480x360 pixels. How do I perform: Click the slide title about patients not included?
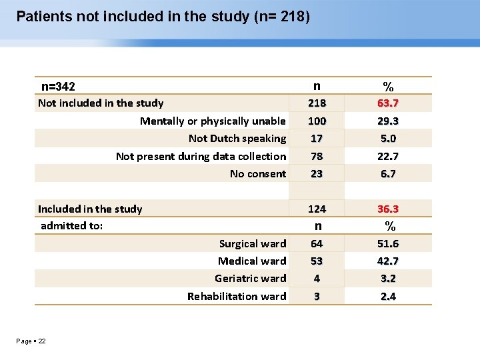[x=163, y=16]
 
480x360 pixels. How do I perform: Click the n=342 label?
[x=58, y=87]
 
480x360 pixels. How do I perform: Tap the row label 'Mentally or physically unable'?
[x=213, y=121]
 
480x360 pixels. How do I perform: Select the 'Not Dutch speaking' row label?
[x=237, y=139]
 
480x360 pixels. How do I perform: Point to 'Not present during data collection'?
[x=201, y=156]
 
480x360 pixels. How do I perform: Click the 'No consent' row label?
[x=258, y=174]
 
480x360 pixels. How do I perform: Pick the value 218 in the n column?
[x=317, y=103]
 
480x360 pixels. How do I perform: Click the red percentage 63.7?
[x=387, y=103]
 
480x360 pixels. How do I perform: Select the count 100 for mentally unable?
[x=317, y=121]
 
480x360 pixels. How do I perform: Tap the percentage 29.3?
[x=387, y=121]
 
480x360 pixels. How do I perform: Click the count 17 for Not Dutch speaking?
[x=317, y=139]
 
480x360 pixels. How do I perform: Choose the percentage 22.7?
[x=387, y=156]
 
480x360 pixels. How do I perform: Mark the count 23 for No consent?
[x=317, y=174]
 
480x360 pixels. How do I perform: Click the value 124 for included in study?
[x=317, y=209]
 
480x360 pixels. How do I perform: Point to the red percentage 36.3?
[x=387, y=209]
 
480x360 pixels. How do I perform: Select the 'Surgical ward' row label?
[x=253, y=244]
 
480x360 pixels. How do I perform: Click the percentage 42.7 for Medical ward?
[x=387, y=261]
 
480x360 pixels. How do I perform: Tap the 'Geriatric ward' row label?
[x=250, y=279]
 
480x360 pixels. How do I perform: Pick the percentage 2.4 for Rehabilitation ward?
[x=387, y=296]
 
